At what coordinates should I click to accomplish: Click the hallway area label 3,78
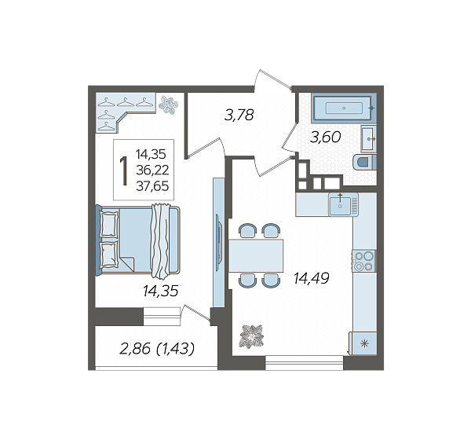click(239, 115)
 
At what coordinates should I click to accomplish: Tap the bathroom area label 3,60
click(326, 137)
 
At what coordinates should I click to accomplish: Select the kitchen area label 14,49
click(312, 278)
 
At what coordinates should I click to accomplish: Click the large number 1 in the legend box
click(123, 170)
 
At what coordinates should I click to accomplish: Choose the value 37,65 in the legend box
click(152, 186)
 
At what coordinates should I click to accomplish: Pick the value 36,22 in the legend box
click(152, 170)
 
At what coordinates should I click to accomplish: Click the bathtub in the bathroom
click(343, 108)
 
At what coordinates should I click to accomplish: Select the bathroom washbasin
click(368, 139)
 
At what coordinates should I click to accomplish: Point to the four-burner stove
click(364, 261)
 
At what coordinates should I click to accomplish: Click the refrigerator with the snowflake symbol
click(363, 343)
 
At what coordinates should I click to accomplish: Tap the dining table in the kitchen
click(256, 255)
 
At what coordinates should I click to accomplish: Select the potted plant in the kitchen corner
click(252, 336)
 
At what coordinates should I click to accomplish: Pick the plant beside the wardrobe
click(168, 104)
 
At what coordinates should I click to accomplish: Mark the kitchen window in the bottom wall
click(305, 363)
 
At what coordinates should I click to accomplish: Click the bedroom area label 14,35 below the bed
click(161, 291)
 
